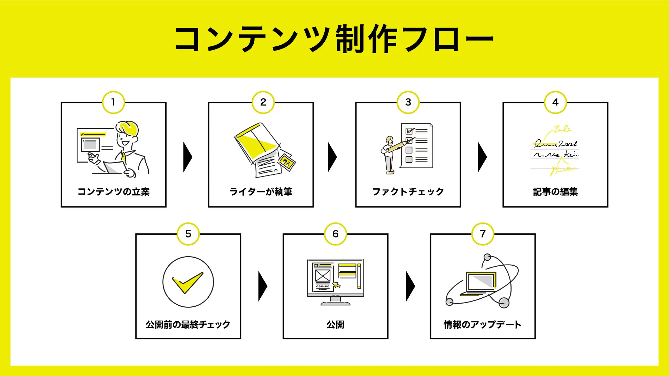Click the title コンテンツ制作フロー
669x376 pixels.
point(334,39)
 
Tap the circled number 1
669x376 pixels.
point(113,102)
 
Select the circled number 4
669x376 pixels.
point(555,102)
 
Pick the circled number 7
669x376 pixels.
point(483,234)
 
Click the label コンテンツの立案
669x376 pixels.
point(114,192)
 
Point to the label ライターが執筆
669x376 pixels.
point(261,192)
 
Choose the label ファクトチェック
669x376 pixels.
point(408,192)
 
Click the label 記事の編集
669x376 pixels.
point(555,192)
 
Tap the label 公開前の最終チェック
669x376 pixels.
point(188,324)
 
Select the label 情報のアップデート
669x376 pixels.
point(483,324)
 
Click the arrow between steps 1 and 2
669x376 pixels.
point(187,157)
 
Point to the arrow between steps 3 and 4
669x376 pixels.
point(482,157)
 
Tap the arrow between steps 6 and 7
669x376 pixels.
point(410,287)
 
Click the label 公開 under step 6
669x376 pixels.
point(335,324)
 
